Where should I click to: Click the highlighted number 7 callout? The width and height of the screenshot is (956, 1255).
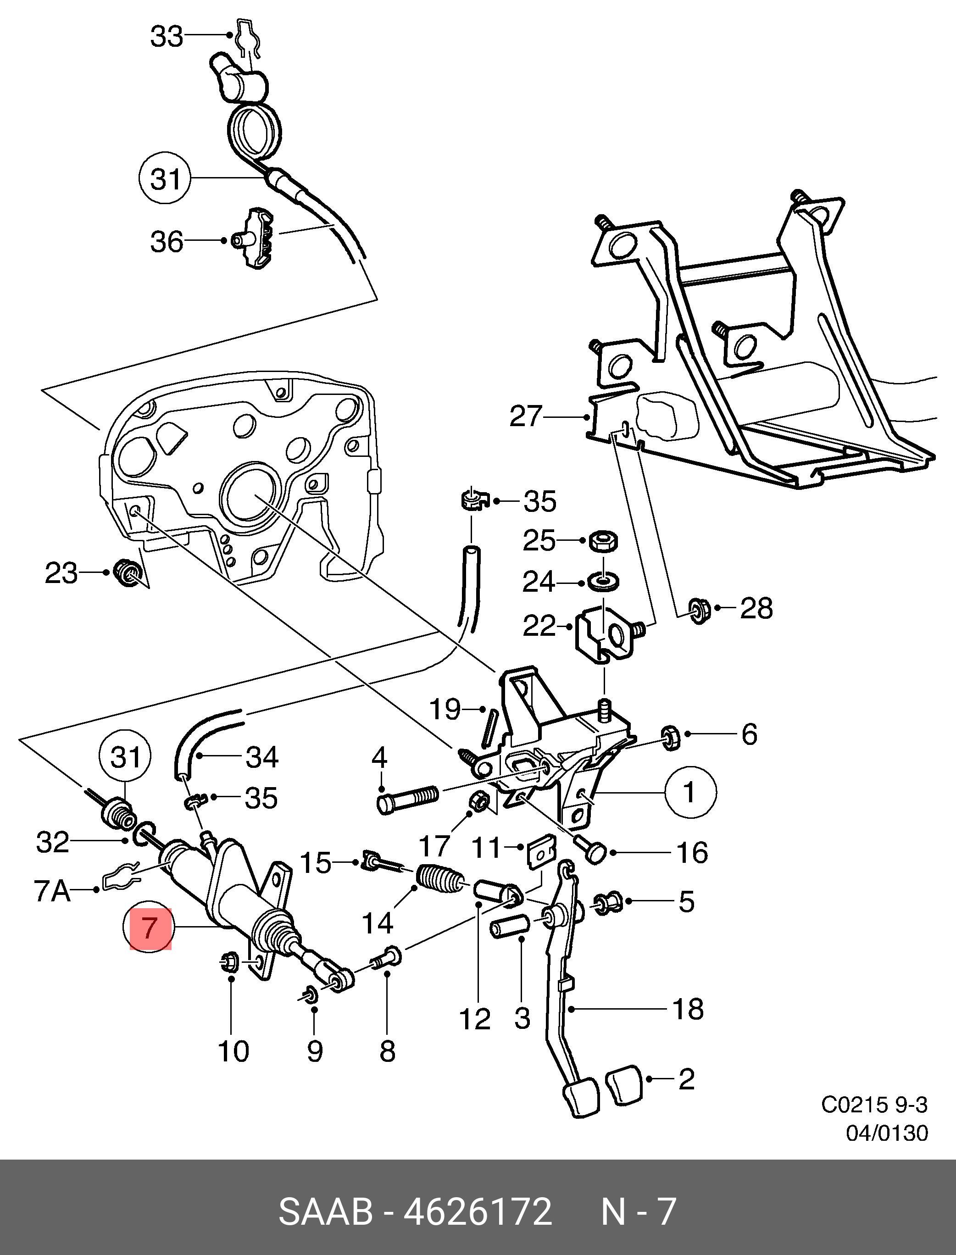pos(150,928)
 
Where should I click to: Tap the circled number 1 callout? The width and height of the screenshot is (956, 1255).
pos(689,792)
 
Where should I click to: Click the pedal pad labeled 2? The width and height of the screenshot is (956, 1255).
pos(624,1087)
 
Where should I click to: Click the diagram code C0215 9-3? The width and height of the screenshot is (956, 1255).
pos(874,1105)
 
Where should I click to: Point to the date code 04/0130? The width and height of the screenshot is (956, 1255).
pos(887,1133)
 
